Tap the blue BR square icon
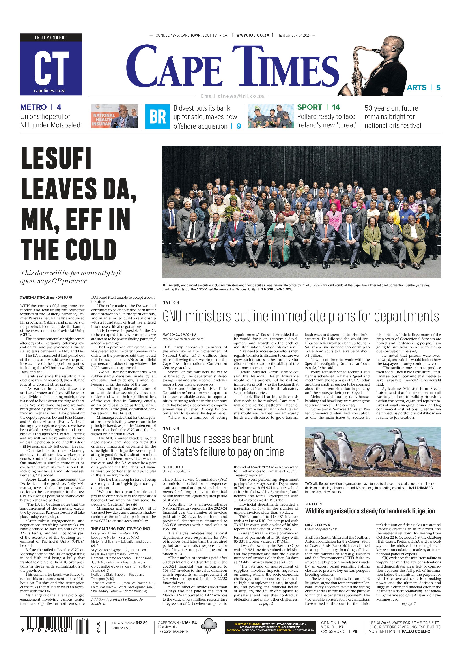[x=157, y=116]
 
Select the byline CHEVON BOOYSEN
[x=317, y=525]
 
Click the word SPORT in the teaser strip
[x=309, y=107]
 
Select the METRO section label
[x=33, y=107]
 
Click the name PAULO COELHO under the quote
[x=416, y=631]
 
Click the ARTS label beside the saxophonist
[x=416, y=88]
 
